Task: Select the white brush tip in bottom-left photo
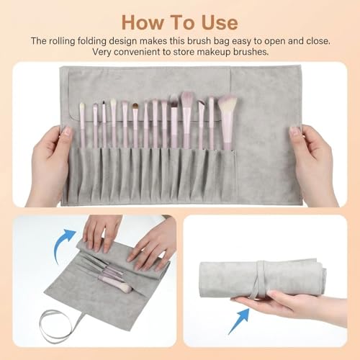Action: point(124,288)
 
